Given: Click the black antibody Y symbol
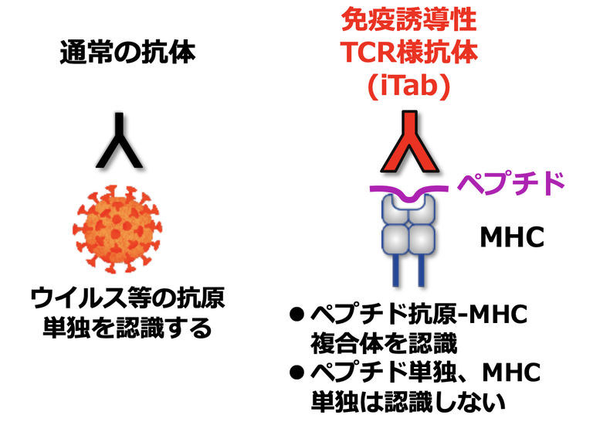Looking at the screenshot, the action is (120, 142).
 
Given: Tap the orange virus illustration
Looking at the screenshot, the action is (117, 229).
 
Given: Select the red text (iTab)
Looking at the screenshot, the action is (408, 87).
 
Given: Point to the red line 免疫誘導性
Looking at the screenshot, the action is (408, 19).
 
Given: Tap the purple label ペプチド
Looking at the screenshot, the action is (510, 183).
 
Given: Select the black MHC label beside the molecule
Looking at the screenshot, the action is (512, 237).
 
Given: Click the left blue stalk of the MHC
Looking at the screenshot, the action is (396, 270).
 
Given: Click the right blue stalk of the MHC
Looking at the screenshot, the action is (421, 270).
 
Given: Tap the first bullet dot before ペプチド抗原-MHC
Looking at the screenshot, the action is (296, 315).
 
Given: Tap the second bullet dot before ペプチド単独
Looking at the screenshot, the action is (296, 373).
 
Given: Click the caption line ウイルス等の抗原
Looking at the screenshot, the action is (128, 298).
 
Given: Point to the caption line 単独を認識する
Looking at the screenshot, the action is (127, 328).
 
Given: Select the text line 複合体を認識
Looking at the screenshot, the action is (384, 343).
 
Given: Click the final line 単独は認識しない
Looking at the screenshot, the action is (408, 402).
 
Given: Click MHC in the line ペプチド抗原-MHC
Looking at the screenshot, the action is (498, 315).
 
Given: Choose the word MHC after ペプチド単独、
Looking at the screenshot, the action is (511, 373).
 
